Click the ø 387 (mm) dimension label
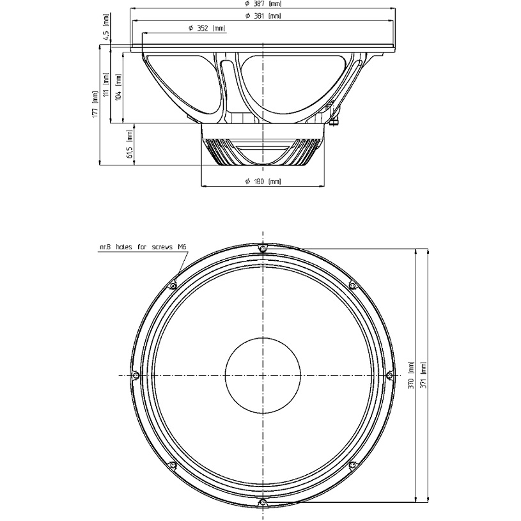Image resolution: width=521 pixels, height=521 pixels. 263,4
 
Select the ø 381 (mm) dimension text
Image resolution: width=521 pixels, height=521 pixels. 263,15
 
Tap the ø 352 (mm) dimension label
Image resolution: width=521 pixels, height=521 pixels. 206,28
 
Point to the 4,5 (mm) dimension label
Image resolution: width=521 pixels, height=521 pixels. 106,27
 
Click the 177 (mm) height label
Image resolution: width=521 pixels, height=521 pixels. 95,104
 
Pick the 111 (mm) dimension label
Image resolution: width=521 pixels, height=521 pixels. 106,85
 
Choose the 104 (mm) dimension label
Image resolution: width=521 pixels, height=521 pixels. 119,86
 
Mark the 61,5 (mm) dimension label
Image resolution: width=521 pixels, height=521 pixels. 130,144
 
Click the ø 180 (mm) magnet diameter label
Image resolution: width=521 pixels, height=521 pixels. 263,182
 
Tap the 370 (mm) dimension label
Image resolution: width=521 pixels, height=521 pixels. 411,375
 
